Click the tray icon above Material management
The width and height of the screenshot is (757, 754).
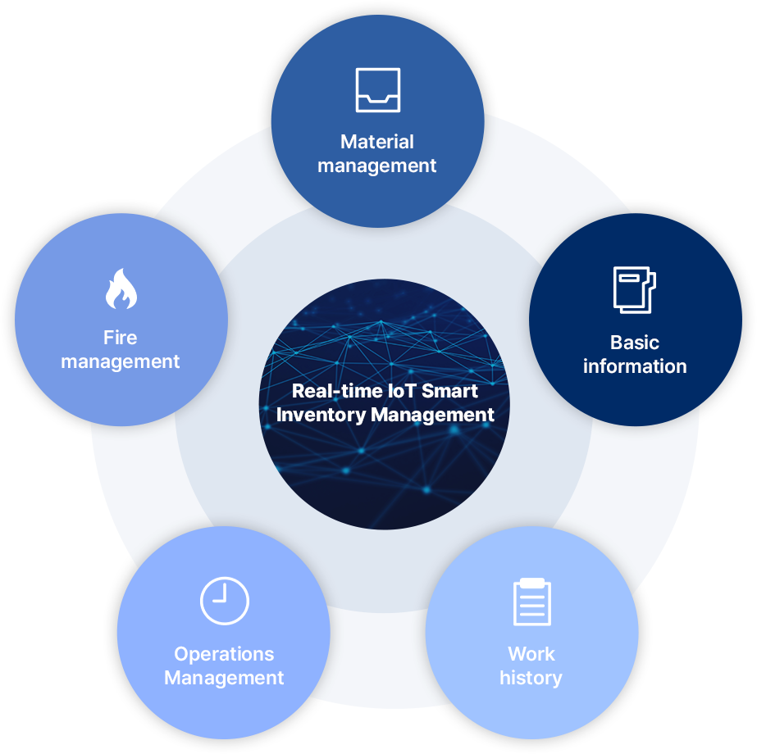[377, 89]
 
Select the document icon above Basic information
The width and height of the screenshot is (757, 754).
[635, 289]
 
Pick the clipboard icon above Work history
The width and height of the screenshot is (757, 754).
[531, 602]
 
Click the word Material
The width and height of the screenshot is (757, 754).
[377, 142]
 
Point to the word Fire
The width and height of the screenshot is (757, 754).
[121, 338]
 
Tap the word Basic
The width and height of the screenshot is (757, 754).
[635, 343]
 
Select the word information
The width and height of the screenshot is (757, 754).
[635, 366]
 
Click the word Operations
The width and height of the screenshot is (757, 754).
[224, 654]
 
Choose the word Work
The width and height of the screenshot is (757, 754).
[531, 654]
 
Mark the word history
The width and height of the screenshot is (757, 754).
[531, 678]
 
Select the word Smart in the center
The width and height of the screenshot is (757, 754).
[451, 391]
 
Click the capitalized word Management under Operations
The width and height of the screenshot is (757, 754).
[224, 678]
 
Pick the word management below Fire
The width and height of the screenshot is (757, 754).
[121, 361]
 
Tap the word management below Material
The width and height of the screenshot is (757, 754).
[377, 166]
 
